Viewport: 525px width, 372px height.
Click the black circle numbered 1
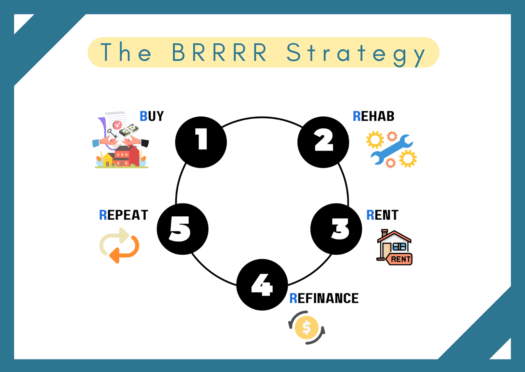tap(201, 142)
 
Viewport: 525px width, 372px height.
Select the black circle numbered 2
tap(323, 142)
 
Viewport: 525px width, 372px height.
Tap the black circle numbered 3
tap(336, 229)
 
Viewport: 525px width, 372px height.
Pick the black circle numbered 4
tap(262, 284)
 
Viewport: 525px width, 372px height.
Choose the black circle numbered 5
tap(182, 229)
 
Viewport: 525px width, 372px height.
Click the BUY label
tap(152, 116)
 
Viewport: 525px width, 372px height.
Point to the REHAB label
tap(373, 116)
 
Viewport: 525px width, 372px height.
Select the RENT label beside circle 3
tap(382, 215)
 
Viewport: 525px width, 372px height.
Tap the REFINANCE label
tap(324, 299)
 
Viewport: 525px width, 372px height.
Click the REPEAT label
tap(124, 215)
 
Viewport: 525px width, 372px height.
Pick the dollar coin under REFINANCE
tap(306, 327)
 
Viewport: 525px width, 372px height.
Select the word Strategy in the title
tap(356, 53)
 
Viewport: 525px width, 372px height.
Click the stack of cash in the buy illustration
tap(128, 130)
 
